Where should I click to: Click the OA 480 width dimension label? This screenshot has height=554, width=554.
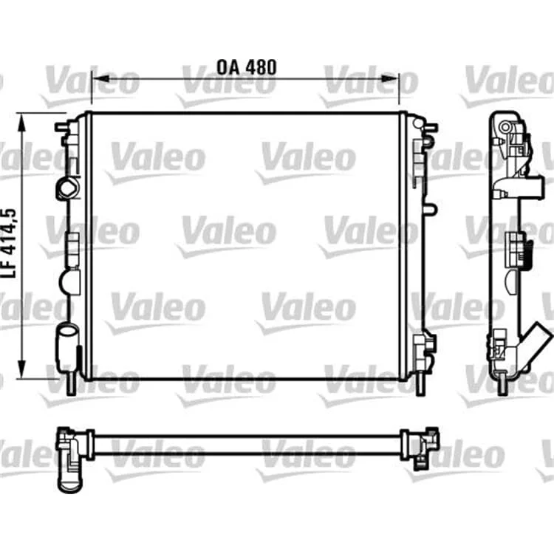pos(246,67)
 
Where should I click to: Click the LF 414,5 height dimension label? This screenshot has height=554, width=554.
pos(10,244)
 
